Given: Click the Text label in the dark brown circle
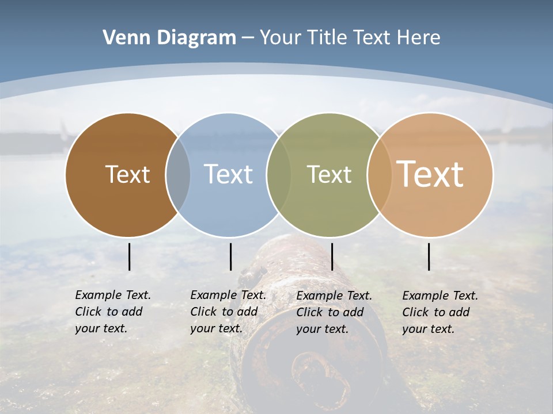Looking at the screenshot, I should (127, 174).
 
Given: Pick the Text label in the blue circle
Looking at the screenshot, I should (228, 174).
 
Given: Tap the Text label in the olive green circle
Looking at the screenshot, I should (329, 174).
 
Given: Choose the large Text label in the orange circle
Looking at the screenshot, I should (430, 174).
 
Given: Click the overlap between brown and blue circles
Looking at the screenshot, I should (178, 174).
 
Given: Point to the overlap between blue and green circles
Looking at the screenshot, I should (279, 174).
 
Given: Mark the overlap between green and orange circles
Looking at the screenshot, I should (378, 174).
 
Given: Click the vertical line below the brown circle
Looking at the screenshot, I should (129, 256).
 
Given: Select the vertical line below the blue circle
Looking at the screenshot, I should (230, 256).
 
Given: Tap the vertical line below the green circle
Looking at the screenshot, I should (332, 256).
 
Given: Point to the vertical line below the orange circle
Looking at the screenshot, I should (429, 256).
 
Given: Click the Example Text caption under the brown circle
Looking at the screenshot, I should (113, 312).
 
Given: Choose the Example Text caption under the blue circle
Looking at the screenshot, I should (228, 312).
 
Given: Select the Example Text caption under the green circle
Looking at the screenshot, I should (334, 312).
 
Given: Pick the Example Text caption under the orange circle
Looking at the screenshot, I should (440, 312).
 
